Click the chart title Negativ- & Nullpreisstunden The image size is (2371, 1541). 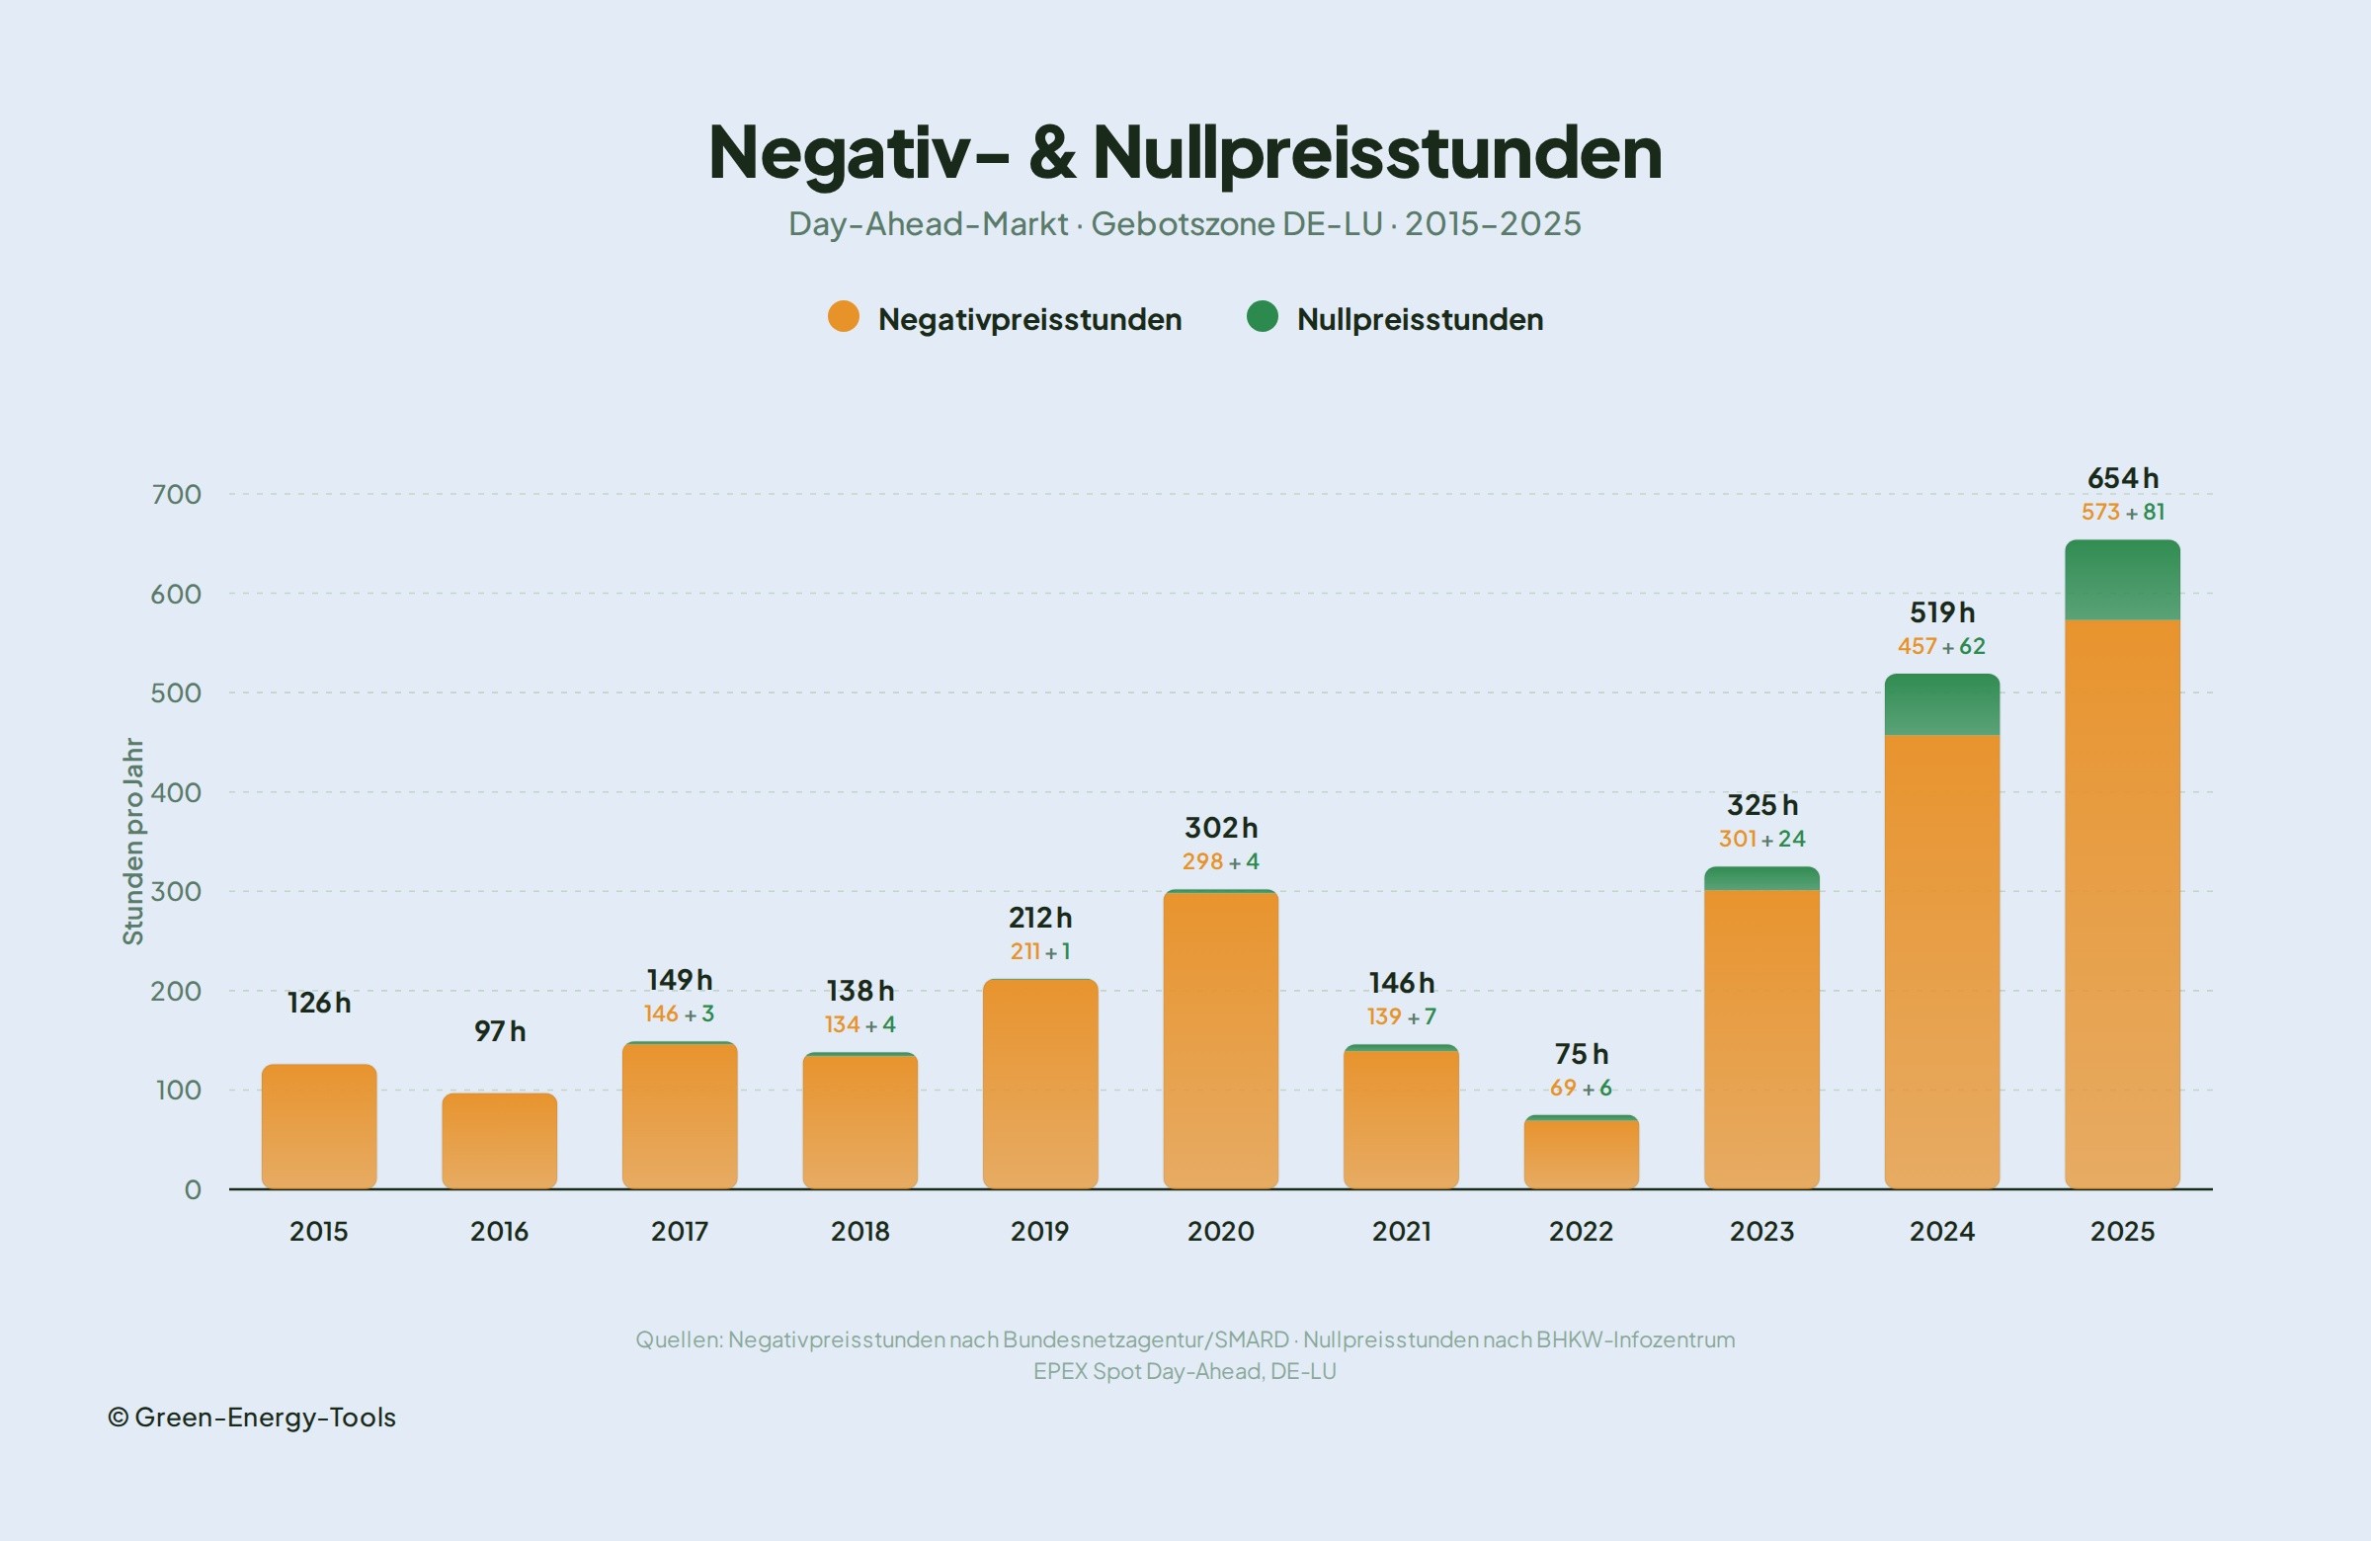pyautogui.click(x=1185, y=152)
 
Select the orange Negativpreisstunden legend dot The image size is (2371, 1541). pyautogui.click(x=843, y=317)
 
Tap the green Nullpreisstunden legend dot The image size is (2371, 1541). pyautogui.click(x=1263, y=317)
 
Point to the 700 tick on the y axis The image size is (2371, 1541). pyautogui.click(x=176, y=494)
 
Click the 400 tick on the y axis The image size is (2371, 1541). pyautogui.click(x=176, y=792)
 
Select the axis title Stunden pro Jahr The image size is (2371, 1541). pyautogui.click(x=132, y=841)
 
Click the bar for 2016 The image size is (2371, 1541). pyautogui.click(x=499, y=1142)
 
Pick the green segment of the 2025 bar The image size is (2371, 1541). pyautogui.click(x=2122, y=581)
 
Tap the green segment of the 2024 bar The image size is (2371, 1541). pyautogui.click(x=1941, y=705)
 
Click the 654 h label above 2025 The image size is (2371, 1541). pyautogui.click(x=2122, y=478)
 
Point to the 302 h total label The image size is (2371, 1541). pyautogui.click(x=1220, y=828)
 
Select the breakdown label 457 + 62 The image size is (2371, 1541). pyautogui.click(x=1940, y=646)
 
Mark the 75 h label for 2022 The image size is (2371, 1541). pyautogui.click(x=1581, y=1054)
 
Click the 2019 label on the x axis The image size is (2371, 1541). pyautogui.click(x=1039, y=1231)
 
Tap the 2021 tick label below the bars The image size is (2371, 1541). pyautogui.click(x=1401, y=1231)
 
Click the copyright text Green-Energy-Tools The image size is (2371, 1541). pyautogui.click(x=252, y=1417)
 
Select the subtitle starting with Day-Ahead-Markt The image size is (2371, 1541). pyautogui.click(x=1185, y=223)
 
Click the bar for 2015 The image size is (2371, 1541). pyautogui.click(x=319, y=1127)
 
